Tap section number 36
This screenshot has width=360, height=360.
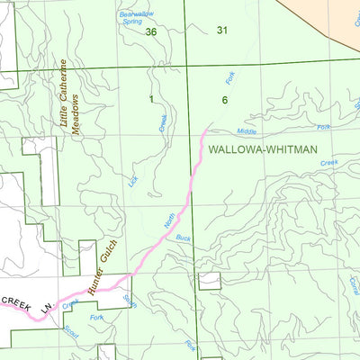(151, 32)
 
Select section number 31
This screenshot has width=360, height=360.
(222, 31)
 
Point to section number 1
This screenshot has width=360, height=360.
(152, 98)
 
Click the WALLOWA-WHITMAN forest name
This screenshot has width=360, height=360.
(263, 153)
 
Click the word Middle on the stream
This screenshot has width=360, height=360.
(247, 131)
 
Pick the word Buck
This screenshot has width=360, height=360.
(184, 238)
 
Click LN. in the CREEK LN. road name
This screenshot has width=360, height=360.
(45, 308)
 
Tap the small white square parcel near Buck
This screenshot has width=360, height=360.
(209, 281)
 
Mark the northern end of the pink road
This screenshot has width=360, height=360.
(206, 132)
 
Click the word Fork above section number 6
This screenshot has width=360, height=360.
(230, 79)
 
